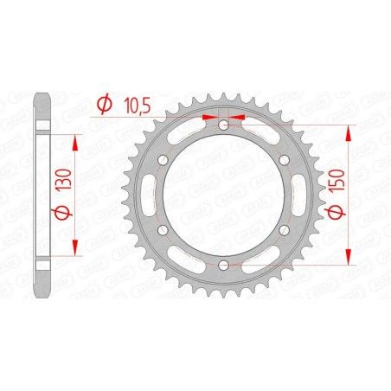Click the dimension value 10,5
point(135,105)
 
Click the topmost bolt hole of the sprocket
point(224,125)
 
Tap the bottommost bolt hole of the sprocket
point(224,264)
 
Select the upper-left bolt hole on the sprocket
point(164,160)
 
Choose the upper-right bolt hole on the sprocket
point(284,160)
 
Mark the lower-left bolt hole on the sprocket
point(164,229)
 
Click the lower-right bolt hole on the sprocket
point(284,229)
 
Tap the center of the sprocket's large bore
point(224,195)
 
